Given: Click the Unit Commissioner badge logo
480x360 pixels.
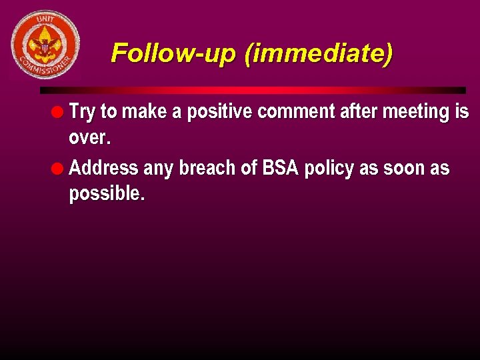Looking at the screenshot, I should (45, 45).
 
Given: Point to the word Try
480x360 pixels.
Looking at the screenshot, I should (82, 112).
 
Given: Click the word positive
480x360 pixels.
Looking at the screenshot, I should (219, 112).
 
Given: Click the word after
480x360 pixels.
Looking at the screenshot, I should (359, 112).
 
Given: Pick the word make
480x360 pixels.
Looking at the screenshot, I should (143, 112).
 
